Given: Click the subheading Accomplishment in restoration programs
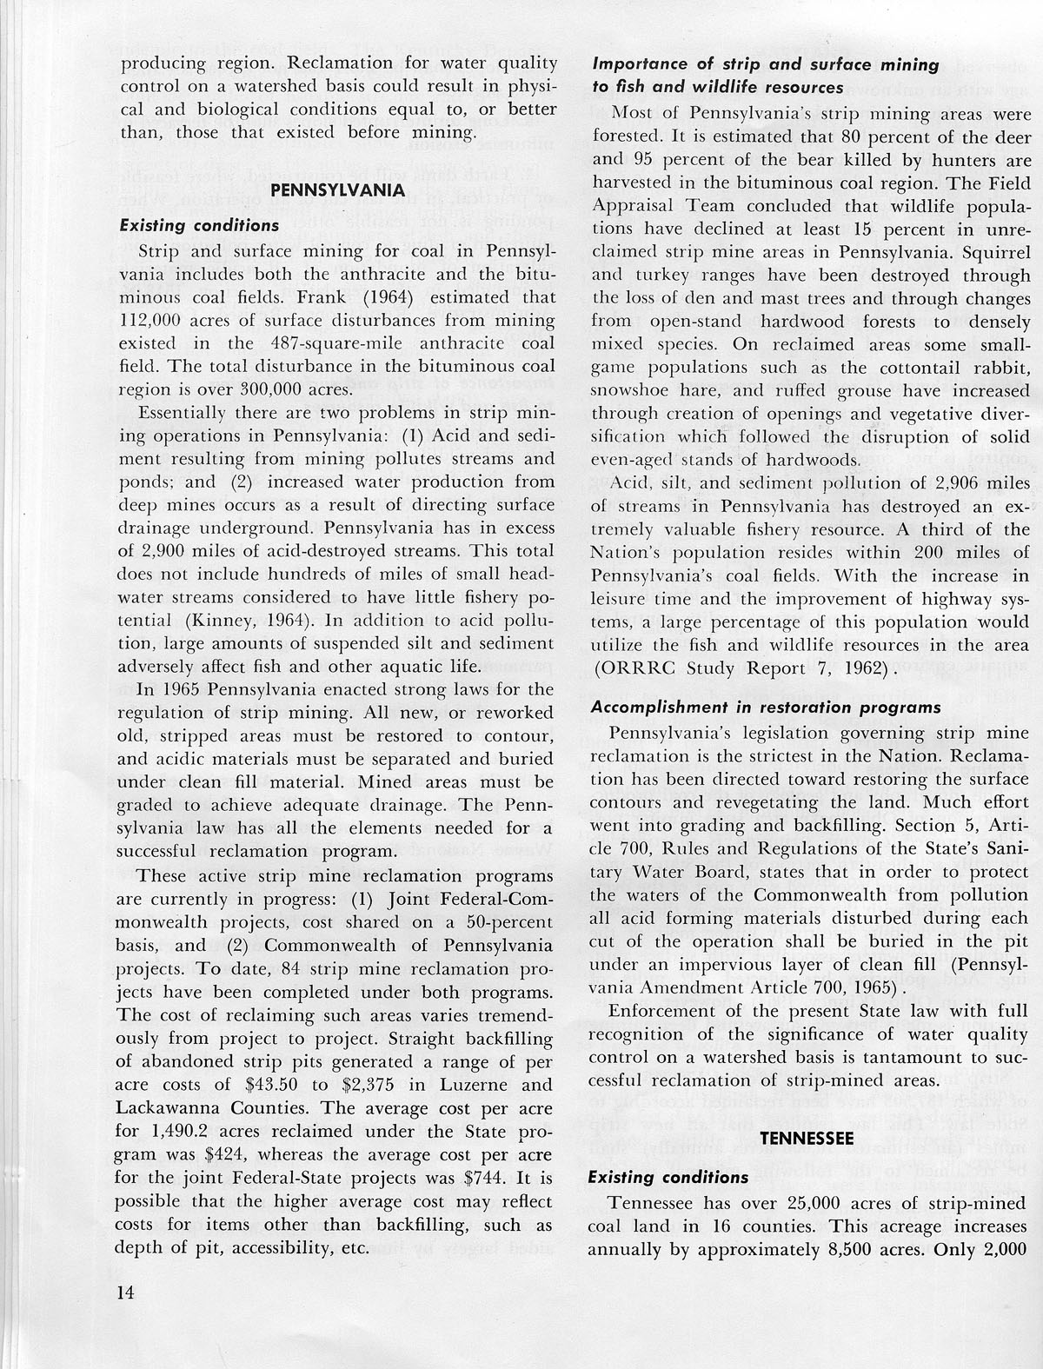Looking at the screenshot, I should (x=766, y=707).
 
